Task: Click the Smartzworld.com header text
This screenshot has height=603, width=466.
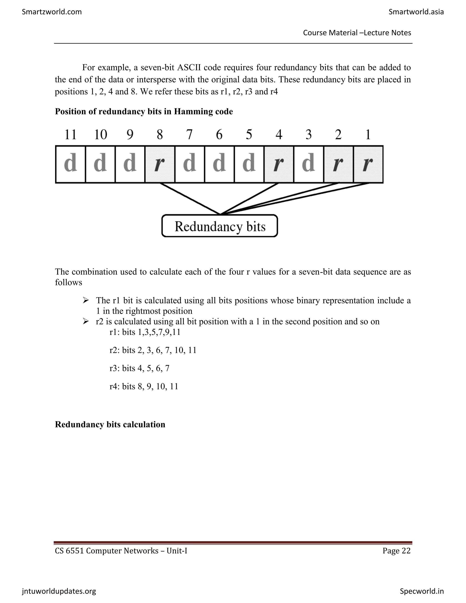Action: coord(52,12)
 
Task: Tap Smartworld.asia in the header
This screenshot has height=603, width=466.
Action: coord(416,12)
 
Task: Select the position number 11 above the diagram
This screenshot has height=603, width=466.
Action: coord(70,135)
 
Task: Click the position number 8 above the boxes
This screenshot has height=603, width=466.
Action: coord(160,135)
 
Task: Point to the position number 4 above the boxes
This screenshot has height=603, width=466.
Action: coord(279,135)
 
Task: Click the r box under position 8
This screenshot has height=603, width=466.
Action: coord(160,164)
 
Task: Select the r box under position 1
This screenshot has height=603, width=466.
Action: coord(368,164)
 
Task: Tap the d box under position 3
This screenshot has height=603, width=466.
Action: coord(308,164)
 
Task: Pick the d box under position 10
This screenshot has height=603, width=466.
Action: coord(100,164)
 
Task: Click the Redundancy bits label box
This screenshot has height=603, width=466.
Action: coord(220,226)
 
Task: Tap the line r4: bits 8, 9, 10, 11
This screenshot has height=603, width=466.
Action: coord(144,386)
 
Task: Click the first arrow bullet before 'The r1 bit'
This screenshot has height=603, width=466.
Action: coord(86,300)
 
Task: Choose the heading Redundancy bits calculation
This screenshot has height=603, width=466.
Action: coord(110,424)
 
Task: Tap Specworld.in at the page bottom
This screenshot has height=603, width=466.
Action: coord(422,591)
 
